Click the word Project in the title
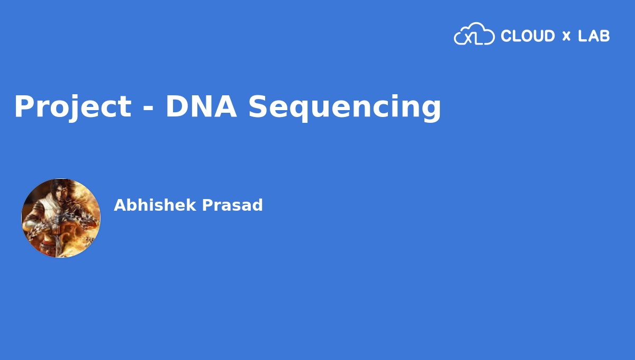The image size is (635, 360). (x=72, y=106)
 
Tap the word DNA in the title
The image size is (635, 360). (x=201, y=106)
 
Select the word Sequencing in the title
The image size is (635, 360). (x=344, y=107)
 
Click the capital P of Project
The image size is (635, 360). (x=23, y=106)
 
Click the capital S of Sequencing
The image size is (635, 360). (x=258, y=106)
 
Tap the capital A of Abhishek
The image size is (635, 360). (x=120, y=205)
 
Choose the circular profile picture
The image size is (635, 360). (x=61, y=218)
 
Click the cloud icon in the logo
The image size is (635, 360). (x=474, y=34)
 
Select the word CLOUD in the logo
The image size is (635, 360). (x=528, y=36)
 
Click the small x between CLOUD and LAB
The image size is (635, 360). (x=566, y=37)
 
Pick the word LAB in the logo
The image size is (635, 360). (x=594, y=36)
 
